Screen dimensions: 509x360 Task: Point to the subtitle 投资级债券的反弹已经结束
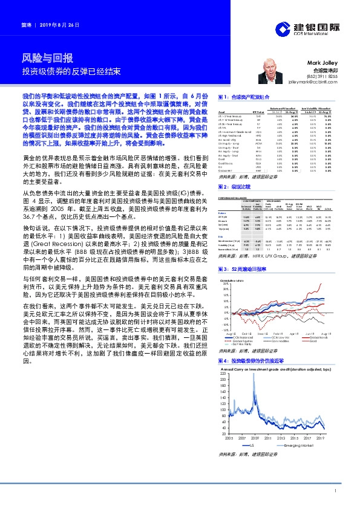(x=71, y=71)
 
